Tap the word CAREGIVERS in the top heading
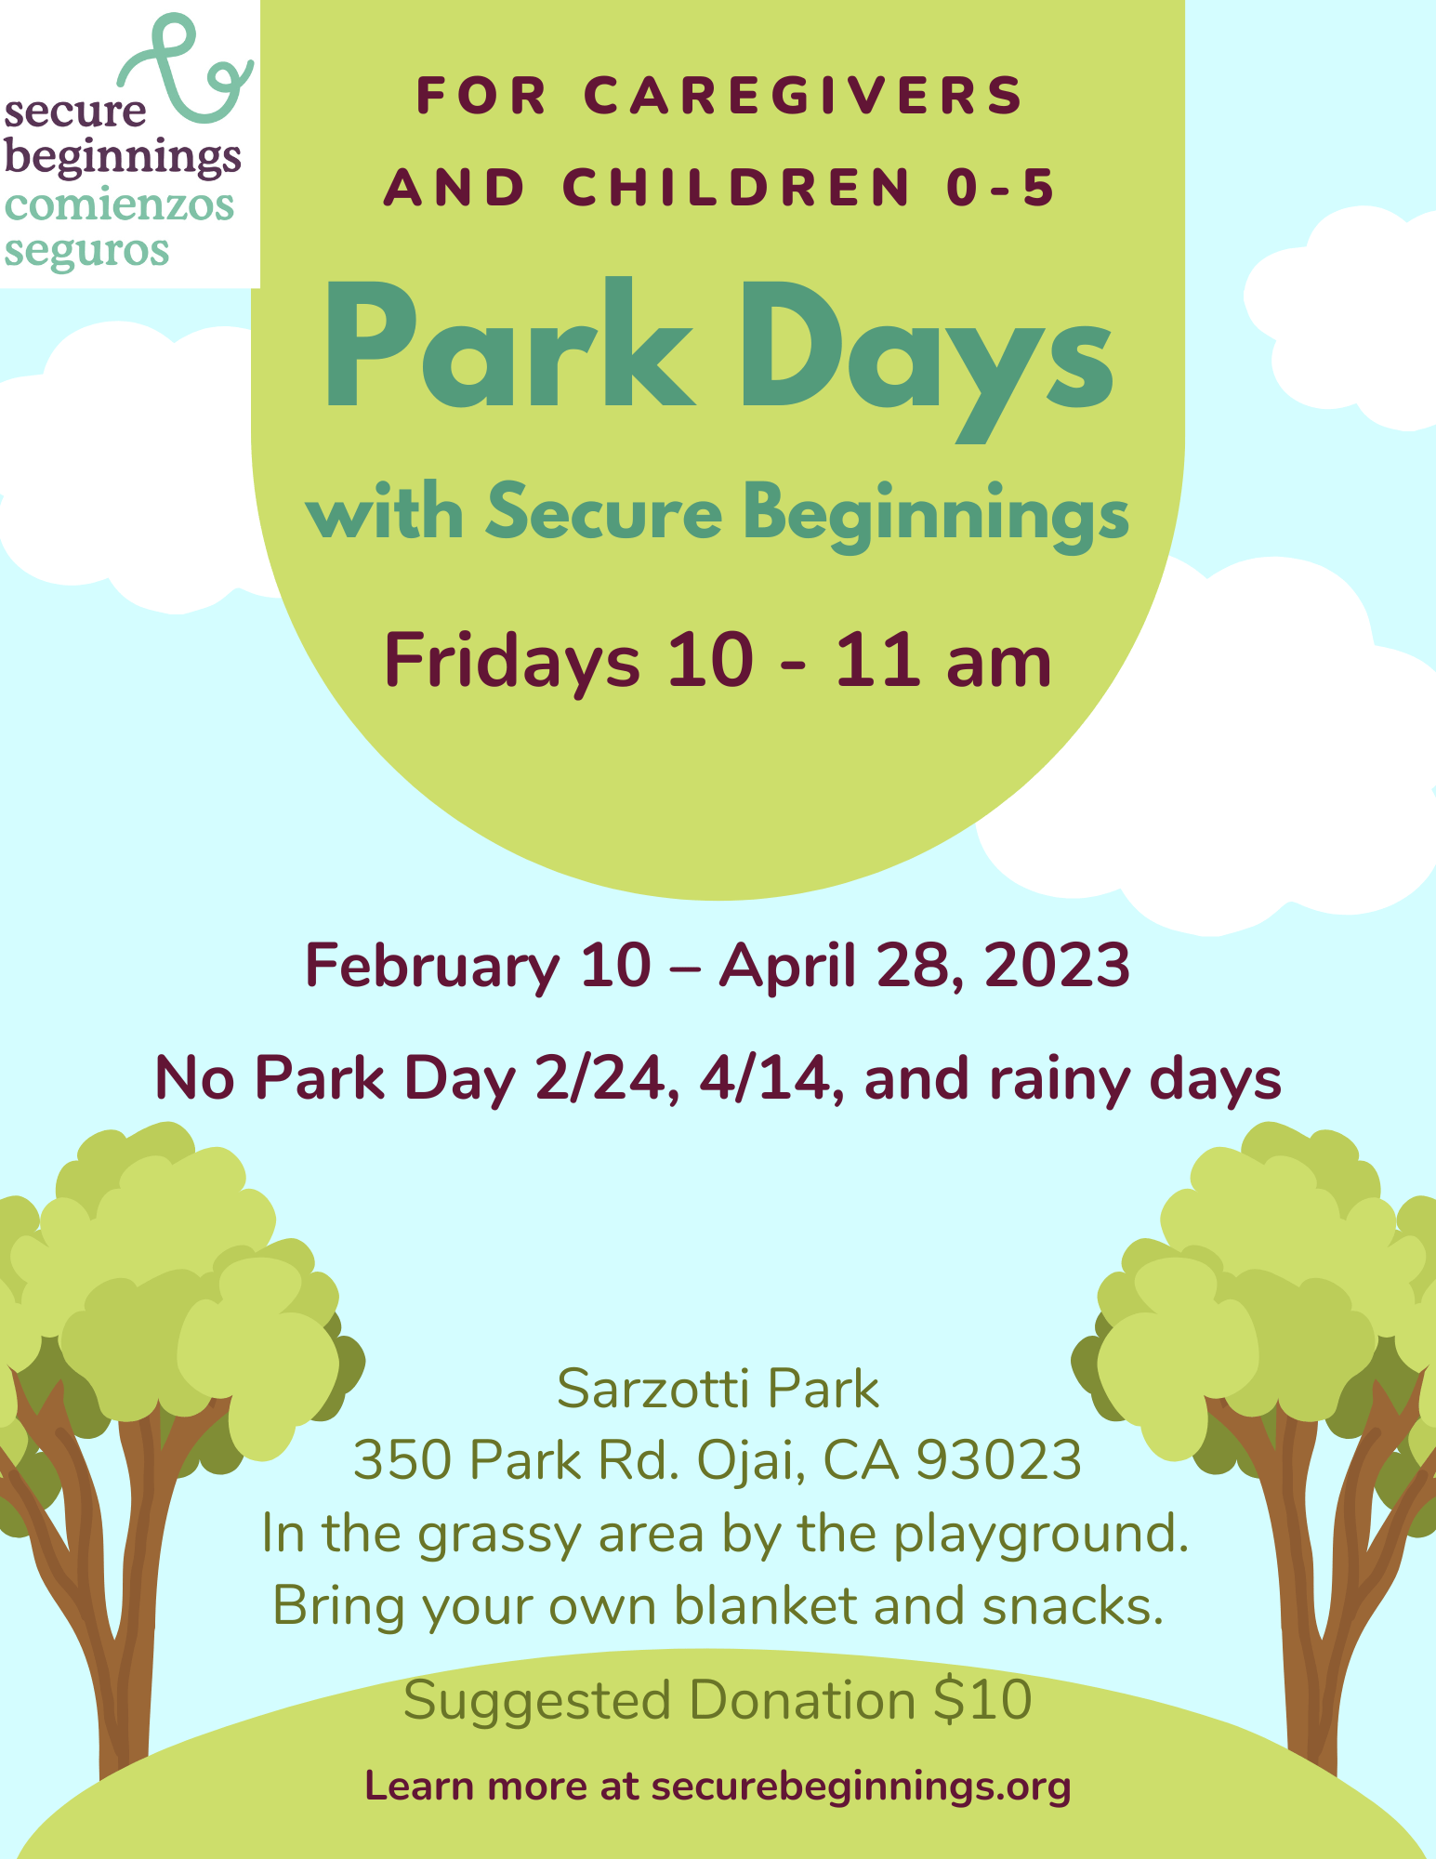coord(804,95)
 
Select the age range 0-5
coord(1001,187)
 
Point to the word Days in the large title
coord(926,359)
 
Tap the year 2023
coord(1057,965)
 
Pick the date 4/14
coord(773,1079)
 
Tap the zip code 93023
coord(999,1460)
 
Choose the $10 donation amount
coord(982,1701)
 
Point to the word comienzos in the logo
coord(119,204)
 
